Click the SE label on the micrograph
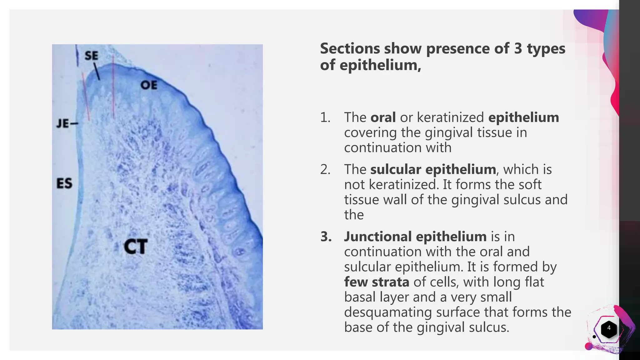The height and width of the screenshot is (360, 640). click(x=91, y=56)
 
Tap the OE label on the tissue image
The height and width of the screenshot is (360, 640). click(x=149, y=85)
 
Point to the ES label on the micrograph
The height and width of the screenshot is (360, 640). click(x=64, y=183)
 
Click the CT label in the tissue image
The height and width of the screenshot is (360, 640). click(x=136, y=247)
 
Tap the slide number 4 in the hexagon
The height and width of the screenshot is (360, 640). click(x=608, y=328)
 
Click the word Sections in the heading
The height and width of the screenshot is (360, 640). click(x=350, y=49)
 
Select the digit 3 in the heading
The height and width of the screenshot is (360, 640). click(x=518, y=49)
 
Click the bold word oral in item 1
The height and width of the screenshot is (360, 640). click(x=383, y=117)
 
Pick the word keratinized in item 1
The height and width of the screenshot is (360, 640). click(x=450, y=117)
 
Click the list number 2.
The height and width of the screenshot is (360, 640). click(x=325, y=169)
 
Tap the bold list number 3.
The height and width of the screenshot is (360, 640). click(x=326, y=237)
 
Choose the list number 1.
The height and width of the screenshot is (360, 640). click(x=325, y=117)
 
